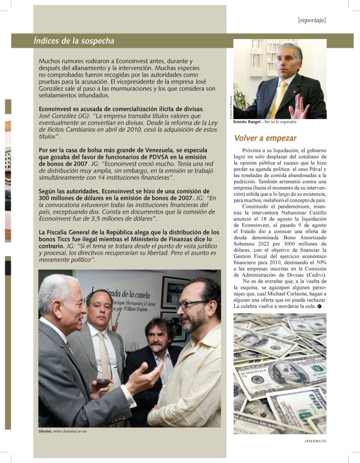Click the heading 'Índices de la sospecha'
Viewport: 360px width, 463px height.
[74, 41]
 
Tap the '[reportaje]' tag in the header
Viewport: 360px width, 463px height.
[312, 20]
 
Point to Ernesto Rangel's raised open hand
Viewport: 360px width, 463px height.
[299, 108]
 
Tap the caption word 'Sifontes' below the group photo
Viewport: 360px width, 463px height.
[46, 431]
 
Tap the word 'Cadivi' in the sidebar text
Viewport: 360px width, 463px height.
[313, 275]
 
